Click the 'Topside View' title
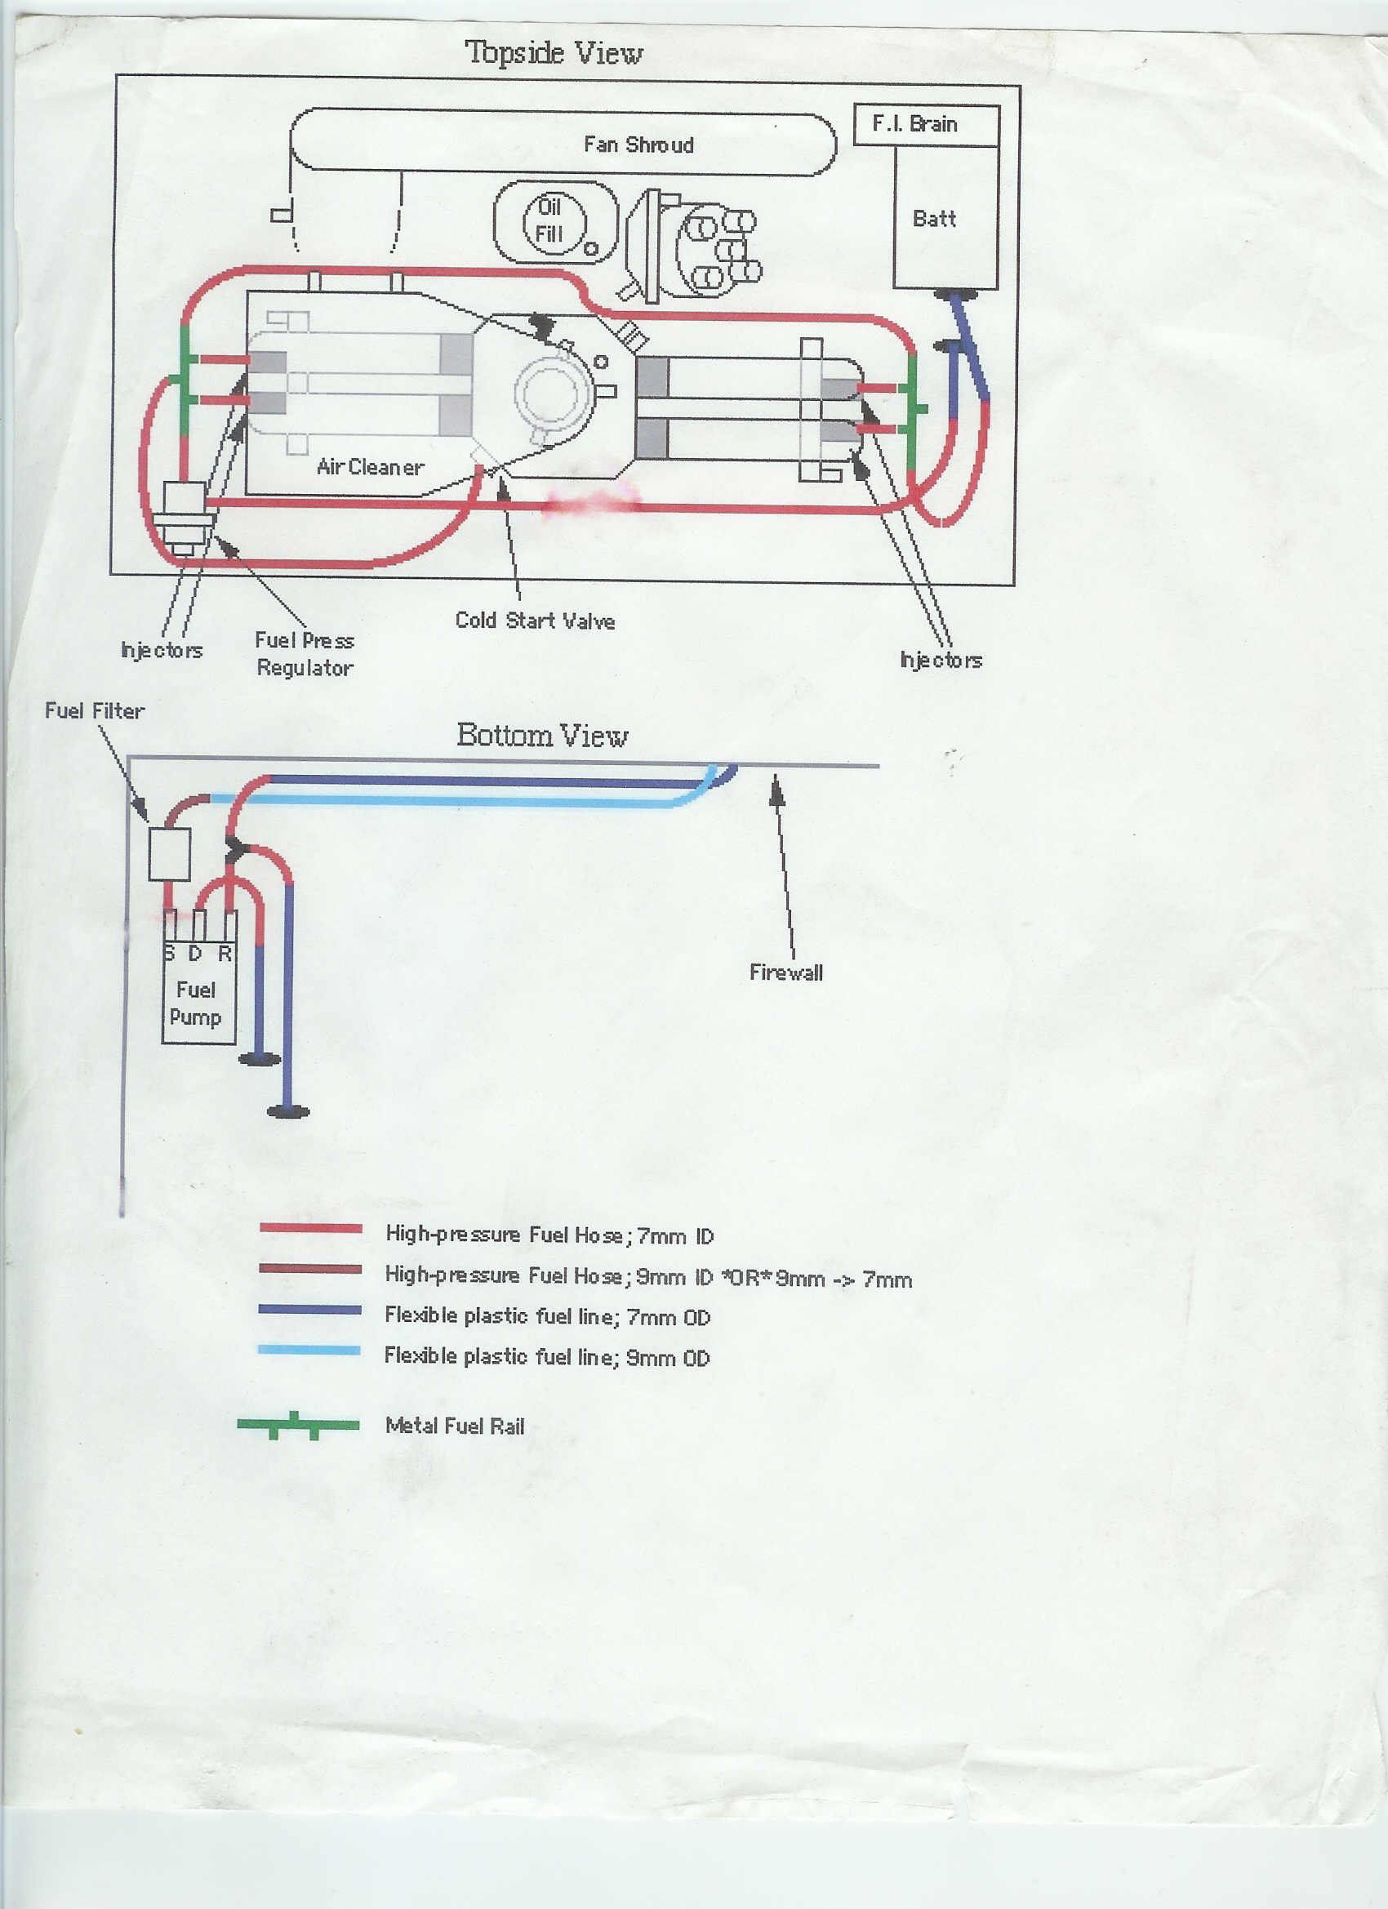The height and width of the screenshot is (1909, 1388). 553,53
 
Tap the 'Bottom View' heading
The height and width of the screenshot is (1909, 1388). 542,735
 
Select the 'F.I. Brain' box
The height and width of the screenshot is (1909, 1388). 926,125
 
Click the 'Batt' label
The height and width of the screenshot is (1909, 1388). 933,219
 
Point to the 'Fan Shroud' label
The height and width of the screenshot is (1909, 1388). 638,145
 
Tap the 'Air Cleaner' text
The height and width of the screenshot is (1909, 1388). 370,467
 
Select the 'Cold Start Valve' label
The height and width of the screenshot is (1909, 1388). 535,621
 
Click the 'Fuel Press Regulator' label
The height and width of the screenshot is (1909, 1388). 304,654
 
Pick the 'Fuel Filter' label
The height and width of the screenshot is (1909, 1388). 94,710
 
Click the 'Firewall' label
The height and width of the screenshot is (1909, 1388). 785,972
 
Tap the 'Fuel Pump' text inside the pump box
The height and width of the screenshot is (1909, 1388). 195,1003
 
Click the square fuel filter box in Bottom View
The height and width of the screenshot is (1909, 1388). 169,853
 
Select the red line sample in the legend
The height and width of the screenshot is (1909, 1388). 310,1228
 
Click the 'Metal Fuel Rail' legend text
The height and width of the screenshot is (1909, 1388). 455,1426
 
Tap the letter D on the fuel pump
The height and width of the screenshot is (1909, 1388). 195,954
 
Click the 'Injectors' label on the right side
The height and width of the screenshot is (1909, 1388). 941,660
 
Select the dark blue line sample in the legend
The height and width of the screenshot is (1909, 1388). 309,1310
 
